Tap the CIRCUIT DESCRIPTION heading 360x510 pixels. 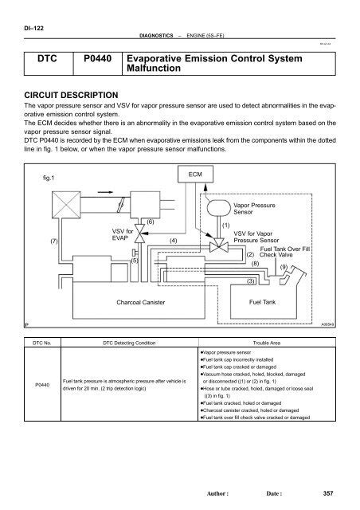(x=72, y=93)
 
